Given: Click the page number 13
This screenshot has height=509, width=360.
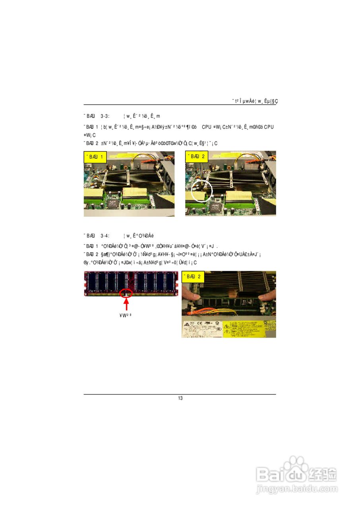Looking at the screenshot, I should (180, 398).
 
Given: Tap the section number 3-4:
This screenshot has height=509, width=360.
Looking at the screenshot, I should (105, 235).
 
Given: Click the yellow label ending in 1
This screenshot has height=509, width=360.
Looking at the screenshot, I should (95, 157).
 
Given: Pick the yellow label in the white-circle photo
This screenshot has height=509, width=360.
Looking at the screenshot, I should (197, 157).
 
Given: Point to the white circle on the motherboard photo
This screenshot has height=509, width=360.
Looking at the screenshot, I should (202, 189).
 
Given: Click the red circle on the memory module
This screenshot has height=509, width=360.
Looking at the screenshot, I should (127, 293).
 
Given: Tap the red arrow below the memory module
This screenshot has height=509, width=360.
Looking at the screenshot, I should (127, 305).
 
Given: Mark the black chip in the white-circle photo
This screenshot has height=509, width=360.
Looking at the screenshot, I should (216, 206).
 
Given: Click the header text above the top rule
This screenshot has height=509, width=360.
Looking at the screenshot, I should (255, 101).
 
